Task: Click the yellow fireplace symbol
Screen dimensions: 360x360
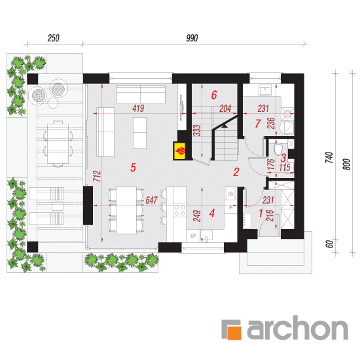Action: pyautogui.click(x=180, y=151)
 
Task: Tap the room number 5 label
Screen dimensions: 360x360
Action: pyautogui.click(x=133, y=168)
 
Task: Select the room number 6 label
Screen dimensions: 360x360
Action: pyautogui.click(x=214, y=95)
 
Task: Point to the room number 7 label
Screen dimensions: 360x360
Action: pyautogui.click(x=258, y=124)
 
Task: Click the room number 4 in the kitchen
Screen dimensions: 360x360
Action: pyautogui.click(x=212, y=213)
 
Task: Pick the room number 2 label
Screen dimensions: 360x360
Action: pyautogui.click(x=236, y=172)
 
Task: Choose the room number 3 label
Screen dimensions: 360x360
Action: pyautogui.click(x=283, y=158)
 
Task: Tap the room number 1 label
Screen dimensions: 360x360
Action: pyautogui.click(x=261, y=213)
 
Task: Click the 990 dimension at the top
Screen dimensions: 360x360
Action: pyautogui.click(x=192, y=38)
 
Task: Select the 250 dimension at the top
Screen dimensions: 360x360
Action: pyautogui.click(x=54, y=38)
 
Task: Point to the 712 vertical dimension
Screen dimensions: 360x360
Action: pyautogui.click(x=98, y=176)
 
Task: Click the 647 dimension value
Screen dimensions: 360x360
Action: pyautogui.click(x=152, y=200)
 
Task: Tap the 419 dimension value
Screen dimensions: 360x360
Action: pyautogui.click(x=138, y=109)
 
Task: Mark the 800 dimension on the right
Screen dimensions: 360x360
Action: pyautogui.click(x=347, y=164)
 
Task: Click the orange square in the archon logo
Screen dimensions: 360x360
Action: pyautogui.click(x=234, y=333)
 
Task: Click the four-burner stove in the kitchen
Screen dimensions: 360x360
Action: pyautogui.click(x=179, y=211)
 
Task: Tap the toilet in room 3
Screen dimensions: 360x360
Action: pyautogui.click(x=278, y=150)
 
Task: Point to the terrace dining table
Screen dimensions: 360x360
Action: pyautogui.click(x=58, y=143)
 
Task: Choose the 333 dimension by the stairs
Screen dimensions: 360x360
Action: pyautogui.click(x=197, y=131)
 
